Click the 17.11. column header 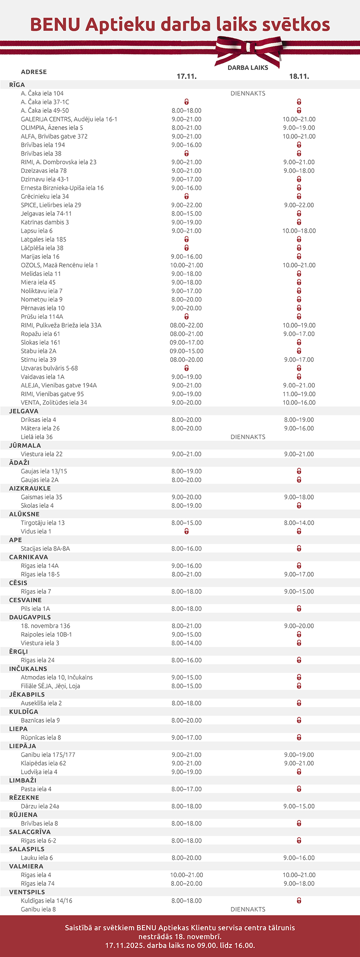(x=186, y=76)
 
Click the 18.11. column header (x=299, y=76)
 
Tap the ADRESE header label (x=34, y=72)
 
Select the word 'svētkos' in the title (x=296, y=25)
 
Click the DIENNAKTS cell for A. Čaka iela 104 (x=248, y=94)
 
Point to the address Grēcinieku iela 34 (x=45, y=196)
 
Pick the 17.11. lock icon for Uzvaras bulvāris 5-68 (x=186, y=368)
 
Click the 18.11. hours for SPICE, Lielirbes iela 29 (x=299, y=205)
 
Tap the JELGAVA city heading (x=24, y=411)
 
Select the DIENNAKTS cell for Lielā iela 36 (x=248, y=437)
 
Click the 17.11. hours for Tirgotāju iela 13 (x=186, y=523)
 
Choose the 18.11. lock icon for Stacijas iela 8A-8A (x=299, y=549)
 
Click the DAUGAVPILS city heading (x=30, y=617)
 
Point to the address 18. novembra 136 (x=46, y=626)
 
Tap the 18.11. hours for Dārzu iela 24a (x=299, y=806)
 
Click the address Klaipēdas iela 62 (x=44, y=763)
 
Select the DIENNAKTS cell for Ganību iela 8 (x=248, y=909)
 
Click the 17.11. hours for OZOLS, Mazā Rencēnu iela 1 (x=186, y=265)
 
